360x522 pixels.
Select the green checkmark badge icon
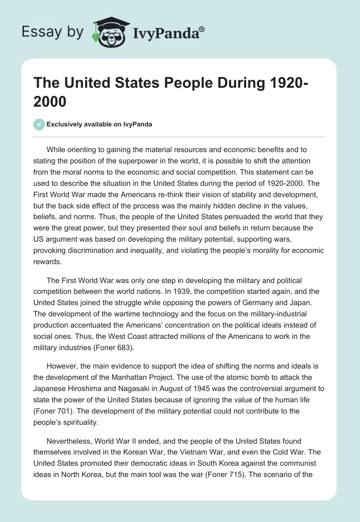click(x=40, y=124)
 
